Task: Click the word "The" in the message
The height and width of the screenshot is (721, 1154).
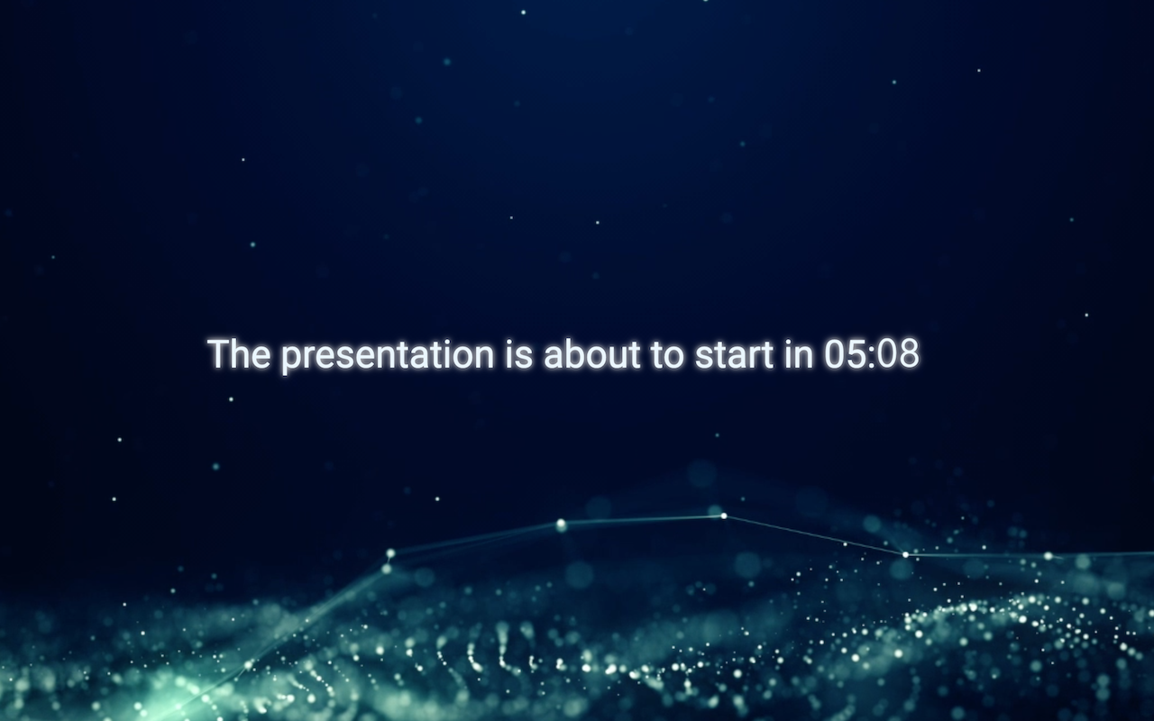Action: [240, 354]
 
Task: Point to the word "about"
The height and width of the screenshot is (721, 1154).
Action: [592, 354]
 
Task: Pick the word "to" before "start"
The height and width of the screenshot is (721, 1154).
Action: [668, 355]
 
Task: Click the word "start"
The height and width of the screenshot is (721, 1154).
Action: [734, 355]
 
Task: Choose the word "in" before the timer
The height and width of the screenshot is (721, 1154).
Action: [799, 354]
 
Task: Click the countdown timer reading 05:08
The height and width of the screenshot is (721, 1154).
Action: [872, 354]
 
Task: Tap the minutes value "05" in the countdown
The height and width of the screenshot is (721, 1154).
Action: [845, 354]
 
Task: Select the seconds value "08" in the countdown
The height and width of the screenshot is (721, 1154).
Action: [899, 354]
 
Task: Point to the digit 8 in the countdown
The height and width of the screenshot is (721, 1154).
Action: [910, 354]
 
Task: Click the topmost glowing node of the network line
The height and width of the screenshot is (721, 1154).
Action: [724, 516]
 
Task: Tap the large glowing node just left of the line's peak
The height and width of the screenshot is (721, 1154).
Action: [561, 525]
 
